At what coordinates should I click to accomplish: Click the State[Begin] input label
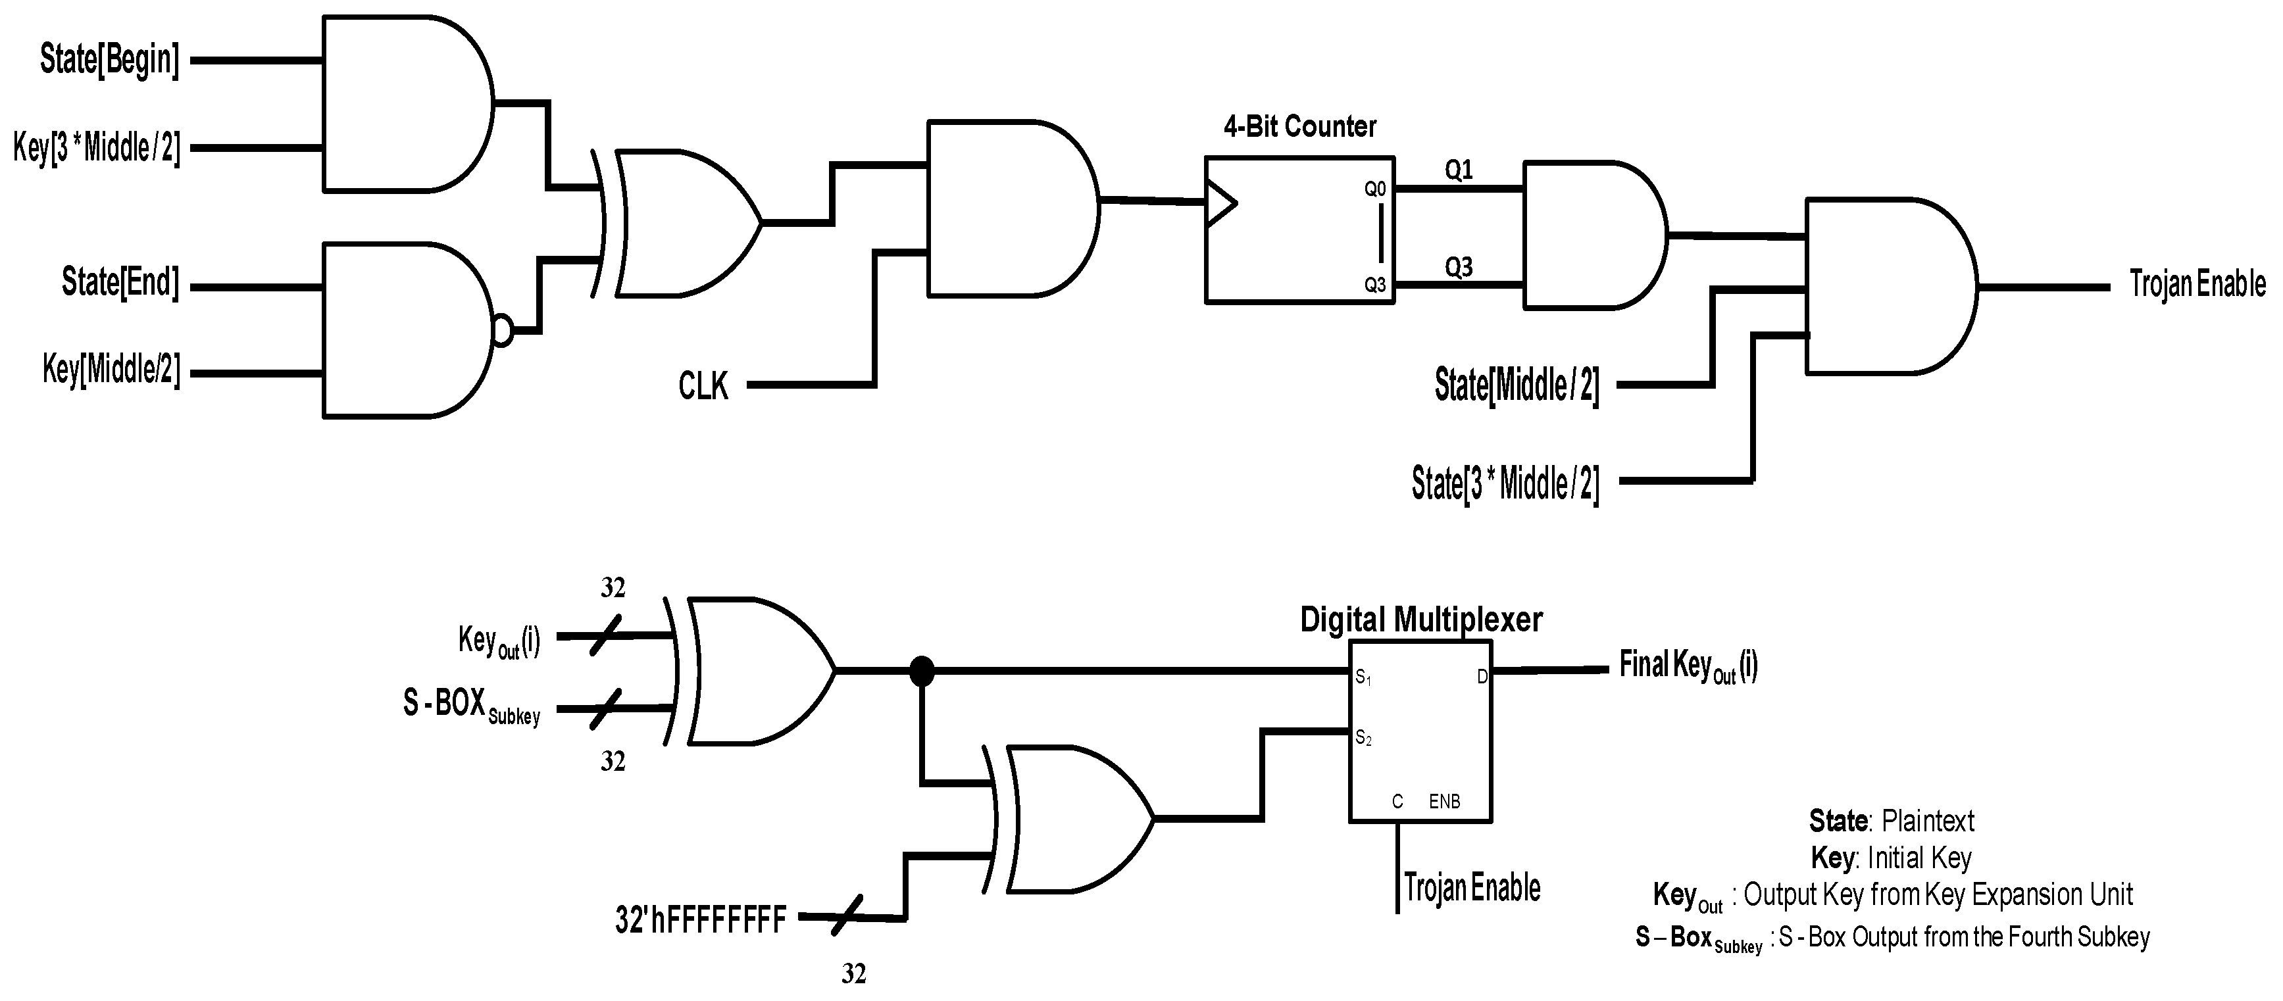109,61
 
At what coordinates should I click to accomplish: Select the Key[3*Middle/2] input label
97,148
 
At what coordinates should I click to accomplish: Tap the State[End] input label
120,283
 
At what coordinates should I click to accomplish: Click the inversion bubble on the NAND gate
503,331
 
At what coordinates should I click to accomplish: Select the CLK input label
703,386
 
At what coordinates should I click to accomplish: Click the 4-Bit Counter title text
1299,127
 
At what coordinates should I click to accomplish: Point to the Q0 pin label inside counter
1374,189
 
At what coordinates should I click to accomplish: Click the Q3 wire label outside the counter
1459,266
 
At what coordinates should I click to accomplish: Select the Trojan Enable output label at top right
2197,284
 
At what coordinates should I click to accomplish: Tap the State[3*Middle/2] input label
1505,483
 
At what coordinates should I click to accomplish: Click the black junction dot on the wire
922,671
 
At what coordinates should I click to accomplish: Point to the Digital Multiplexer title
1420,619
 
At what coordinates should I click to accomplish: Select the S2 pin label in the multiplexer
1363,738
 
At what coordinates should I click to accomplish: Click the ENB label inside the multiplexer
1443,802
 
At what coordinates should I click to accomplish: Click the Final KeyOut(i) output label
1688,666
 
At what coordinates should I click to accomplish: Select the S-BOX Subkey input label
470,706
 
